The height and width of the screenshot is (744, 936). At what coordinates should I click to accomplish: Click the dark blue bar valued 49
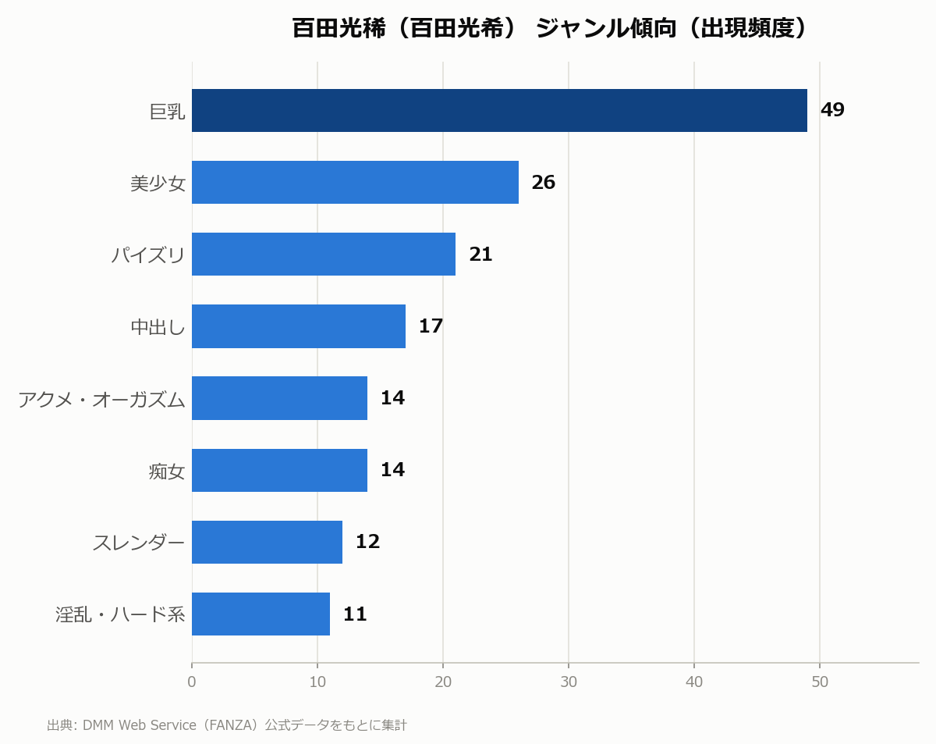tap(499, 110)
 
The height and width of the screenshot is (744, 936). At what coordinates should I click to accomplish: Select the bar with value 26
tap(355, 182)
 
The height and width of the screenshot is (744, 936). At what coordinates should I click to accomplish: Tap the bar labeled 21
tap(324, 254)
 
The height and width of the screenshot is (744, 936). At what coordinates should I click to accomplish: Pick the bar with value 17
tap(299, 326)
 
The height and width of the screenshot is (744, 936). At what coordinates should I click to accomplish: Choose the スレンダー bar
tap(267, 542)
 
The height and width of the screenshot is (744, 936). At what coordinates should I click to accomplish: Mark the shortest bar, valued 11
tap(261, 614)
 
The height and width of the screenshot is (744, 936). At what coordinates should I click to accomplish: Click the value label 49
tap(832, 110)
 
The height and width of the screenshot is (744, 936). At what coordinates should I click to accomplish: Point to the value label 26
tap(543, 182)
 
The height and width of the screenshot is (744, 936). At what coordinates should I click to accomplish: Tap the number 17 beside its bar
tap(431, 326)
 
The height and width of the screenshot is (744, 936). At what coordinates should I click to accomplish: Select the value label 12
tap(367, 542)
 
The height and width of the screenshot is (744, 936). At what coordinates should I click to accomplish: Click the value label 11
tap(355, 614)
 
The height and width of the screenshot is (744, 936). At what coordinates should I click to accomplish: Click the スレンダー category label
tap(139, 543)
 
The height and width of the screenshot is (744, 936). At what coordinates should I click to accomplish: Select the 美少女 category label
tap(158, 183)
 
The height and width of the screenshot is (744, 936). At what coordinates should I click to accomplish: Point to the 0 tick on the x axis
tap(192, 682)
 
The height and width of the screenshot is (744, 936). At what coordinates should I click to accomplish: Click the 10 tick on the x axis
tap(317, 682)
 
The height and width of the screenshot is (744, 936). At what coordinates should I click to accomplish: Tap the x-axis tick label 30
tap(569, 682)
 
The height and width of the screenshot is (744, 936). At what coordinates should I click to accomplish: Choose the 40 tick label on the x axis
tap(694, 682)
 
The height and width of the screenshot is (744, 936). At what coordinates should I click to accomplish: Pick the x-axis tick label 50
tap(820, 682)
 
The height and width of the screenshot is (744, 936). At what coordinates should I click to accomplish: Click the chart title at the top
tap(549, 28)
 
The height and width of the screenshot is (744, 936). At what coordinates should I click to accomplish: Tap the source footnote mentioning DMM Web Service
tap(227, 724)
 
